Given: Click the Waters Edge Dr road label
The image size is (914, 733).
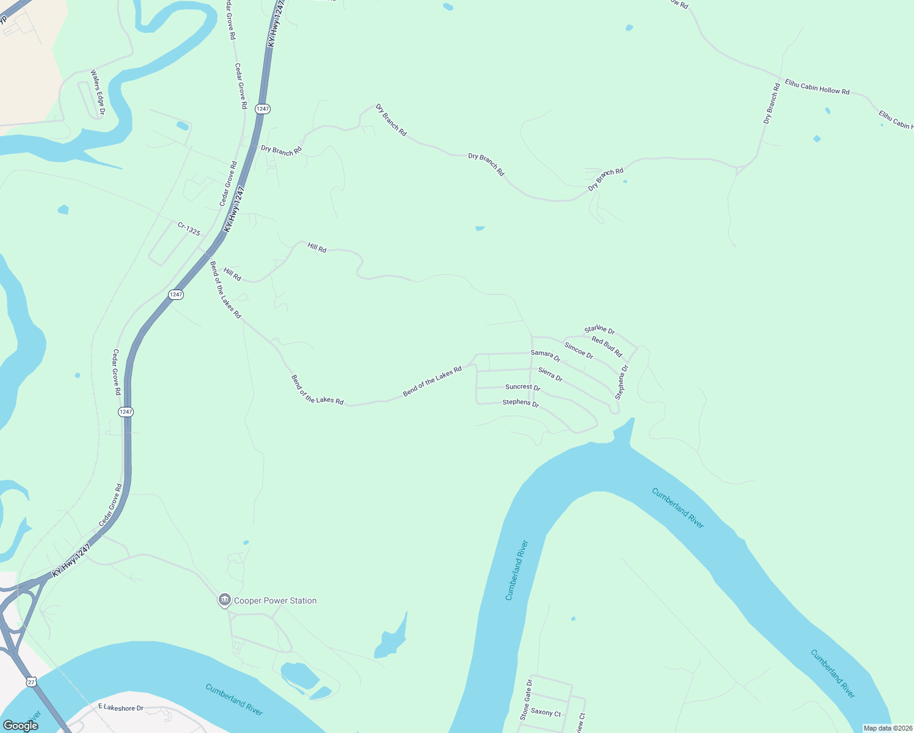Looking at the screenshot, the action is (x=98, y=92).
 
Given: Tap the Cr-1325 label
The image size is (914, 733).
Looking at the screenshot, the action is (x=189, y=229).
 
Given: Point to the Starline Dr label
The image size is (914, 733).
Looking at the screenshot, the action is (x=599, y=330).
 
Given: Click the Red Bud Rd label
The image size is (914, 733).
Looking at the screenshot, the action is (x=607, y=347).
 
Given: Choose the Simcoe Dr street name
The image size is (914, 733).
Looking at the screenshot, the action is (x=579, y=351).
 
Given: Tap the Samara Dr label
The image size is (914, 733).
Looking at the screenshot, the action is (x=545, y=355).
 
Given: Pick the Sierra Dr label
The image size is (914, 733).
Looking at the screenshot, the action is (x=550, y=374).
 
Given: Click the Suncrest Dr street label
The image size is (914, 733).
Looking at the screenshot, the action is (x=522, y=387).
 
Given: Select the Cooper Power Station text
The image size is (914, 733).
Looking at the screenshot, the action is (x=276, y=601).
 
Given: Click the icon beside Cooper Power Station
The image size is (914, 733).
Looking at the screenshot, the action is (x=224, y=600).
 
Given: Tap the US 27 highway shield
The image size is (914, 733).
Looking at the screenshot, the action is (x=31, y=681).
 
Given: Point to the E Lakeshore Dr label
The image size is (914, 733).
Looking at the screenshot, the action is (x=120, y=707).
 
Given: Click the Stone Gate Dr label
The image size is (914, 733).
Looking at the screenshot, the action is (x=526, y=699).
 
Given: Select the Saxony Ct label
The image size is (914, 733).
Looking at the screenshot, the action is (x=546, y=712).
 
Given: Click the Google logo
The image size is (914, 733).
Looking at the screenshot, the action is (x=20, y=726).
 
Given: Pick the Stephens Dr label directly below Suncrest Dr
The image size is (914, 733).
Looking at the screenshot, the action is (x=521, y=403).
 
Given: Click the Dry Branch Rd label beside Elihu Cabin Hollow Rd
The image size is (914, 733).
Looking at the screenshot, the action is (x=772, y=104).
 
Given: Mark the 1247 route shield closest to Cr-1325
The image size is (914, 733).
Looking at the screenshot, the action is (x=176, y=294).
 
